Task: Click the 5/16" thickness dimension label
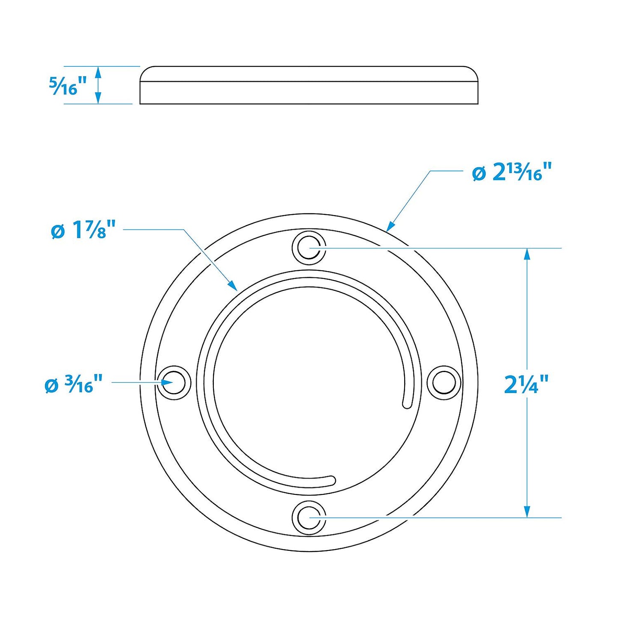click(68, 86)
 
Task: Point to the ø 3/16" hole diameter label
click(74, 384)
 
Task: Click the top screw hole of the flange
click(309, 248)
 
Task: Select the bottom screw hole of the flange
click(309, 517)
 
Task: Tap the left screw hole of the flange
click(174, 382)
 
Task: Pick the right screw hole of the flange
click(444, 382)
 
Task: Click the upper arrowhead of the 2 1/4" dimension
click(527, 254)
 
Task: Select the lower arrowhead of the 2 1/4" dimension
click(527, 512)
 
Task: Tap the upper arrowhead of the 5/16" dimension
click(98, 72)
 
